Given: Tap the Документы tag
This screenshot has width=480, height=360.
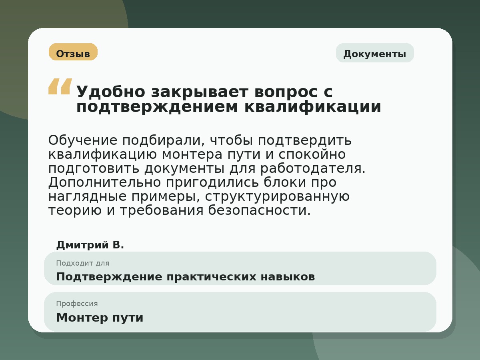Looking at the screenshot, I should pos(374,54).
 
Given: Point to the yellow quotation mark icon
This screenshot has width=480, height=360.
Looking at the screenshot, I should pos(60,86).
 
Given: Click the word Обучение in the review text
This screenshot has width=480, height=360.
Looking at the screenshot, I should pos(83,140).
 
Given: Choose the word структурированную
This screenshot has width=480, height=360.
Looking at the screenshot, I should pos(278,196).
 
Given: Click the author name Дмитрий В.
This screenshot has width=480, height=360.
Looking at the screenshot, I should pos(90,245).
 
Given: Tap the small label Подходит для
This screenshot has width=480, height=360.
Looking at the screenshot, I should pos(82,263).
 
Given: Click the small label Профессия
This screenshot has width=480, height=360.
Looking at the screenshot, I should pos(77,304).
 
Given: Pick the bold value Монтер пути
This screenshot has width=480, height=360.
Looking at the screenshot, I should pos(100,318).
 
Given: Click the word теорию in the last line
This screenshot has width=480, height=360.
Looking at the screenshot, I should pos(75,210).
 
